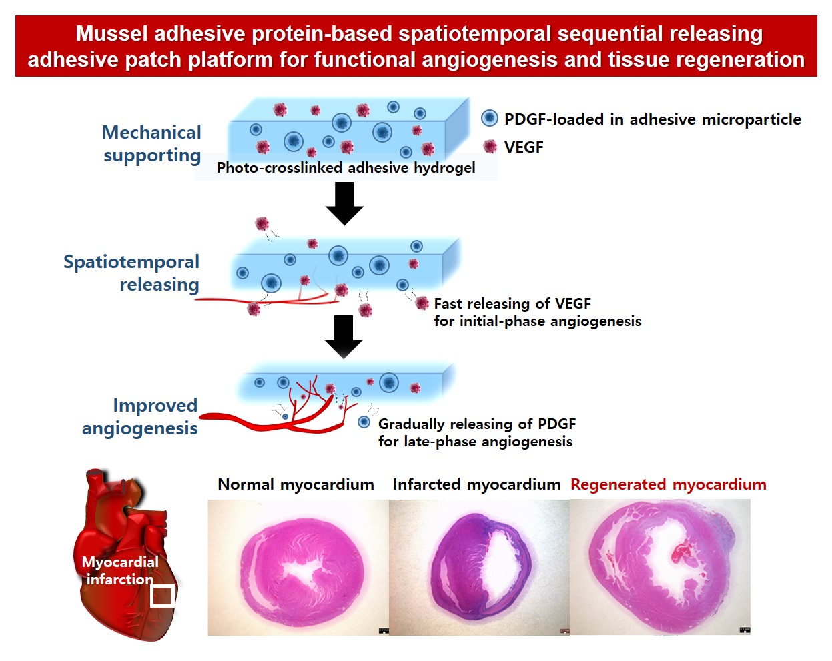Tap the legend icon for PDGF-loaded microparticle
coord(490,119)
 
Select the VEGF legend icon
coord(490,147)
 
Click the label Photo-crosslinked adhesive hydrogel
coord(346,168)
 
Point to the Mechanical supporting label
coord(152,143)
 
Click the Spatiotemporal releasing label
coord(131,273)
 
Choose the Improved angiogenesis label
coord(140,416)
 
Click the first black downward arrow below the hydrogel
coord(344,203)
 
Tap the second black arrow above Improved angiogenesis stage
coord(344,336)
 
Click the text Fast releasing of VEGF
coord(512,304)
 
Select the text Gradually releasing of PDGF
coord(476,424)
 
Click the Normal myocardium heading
coord(296,484)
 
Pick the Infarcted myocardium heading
coord(476,484)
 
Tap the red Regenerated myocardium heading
coord(668,484)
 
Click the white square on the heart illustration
coord(162,596)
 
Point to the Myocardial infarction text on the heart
coord(120,570)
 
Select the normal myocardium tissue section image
coord(298,567)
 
